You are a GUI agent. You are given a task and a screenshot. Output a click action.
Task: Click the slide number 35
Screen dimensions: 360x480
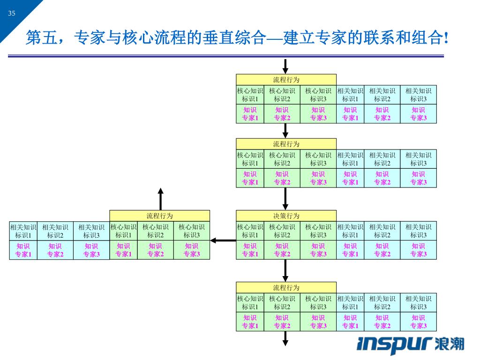pos(12,13)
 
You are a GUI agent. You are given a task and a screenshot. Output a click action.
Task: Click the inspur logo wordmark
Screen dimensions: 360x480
pos(394,344)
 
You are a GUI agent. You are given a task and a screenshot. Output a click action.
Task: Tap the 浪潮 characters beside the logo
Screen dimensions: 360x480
pos(449,344)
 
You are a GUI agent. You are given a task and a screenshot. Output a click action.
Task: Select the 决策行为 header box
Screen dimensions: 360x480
pos(286,216)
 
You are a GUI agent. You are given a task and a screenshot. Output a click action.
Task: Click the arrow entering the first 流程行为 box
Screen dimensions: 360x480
pos(285,67)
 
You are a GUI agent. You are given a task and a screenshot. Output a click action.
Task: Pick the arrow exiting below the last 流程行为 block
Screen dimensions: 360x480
pos(285,338)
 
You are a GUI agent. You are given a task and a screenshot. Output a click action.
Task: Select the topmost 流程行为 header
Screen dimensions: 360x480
pos(286,80)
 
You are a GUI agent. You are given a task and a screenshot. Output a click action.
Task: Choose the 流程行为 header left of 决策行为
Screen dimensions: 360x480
pos(159,216)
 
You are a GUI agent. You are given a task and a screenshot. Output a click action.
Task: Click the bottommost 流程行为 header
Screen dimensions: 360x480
pos(286,287)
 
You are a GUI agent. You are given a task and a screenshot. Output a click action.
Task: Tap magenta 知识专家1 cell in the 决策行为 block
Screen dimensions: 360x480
pos(250,250)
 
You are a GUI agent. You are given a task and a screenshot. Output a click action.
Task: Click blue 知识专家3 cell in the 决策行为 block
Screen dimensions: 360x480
pos(419,250)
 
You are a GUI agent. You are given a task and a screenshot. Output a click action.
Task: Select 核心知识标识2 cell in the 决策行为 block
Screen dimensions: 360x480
pos(282,231)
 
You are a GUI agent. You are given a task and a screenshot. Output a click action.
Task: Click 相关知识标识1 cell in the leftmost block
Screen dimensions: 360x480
pos(23,231)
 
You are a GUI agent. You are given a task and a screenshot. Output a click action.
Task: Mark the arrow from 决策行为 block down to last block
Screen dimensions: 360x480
pos(285,271)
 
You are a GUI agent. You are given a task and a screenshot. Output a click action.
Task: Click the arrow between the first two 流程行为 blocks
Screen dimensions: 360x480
pos(285,131)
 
